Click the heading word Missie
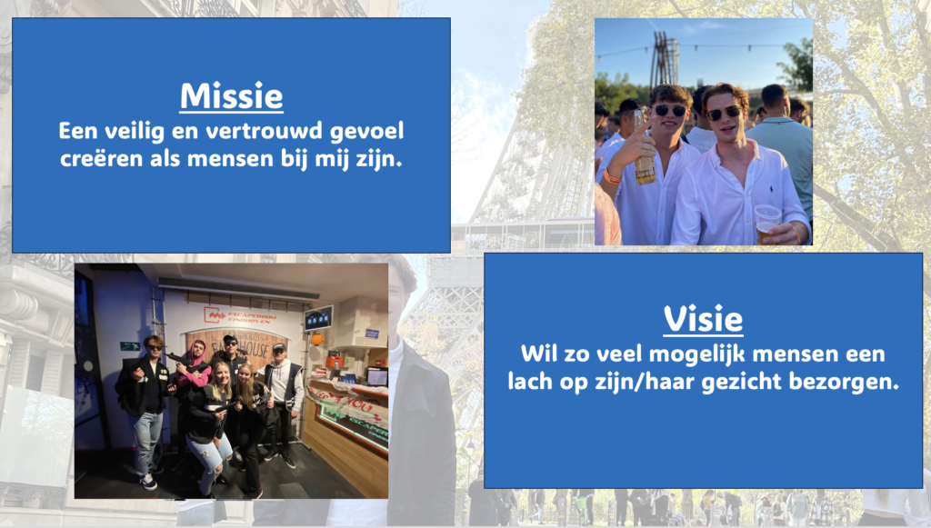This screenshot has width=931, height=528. tap(232, 96)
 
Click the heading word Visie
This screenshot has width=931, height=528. tap(703, 319)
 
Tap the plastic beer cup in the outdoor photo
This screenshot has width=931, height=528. tap(766, 223)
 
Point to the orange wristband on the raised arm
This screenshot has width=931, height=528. tap(612, 176)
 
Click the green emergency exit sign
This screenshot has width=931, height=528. tap(129, 346)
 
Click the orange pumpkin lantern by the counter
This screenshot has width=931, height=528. tap(317, 340)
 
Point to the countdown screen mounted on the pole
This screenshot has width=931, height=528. tap(318, 319)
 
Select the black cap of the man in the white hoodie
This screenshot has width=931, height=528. tap(279, 346)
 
